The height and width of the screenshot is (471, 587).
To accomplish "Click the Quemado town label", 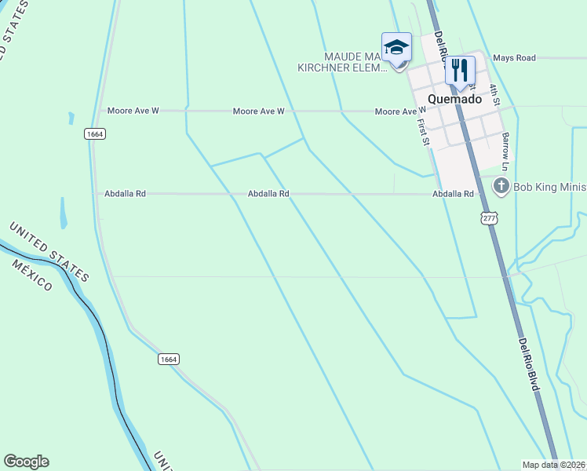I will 455,99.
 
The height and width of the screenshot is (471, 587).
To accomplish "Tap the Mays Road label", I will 514,58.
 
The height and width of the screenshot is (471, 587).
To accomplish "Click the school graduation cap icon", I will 396,46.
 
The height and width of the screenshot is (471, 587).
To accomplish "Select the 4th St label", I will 494,94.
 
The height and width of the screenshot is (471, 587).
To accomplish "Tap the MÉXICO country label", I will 32,274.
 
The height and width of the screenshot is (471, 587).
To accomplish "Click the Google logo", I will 26,462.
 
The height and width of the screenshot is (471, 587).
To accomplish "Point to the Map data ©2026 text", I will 553,465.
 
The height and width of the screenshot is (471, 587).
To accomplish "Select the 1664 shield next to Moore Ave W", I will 95,134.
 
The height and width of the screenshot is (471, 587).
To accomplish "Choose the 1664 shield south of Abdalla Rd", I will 169,359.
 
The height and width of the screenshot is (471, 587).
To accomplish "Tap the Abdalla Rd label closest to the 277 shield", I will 453,193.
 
